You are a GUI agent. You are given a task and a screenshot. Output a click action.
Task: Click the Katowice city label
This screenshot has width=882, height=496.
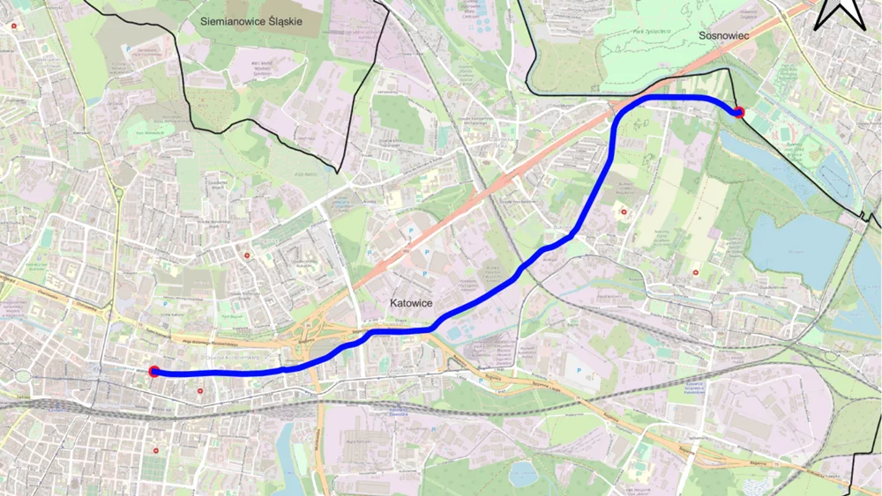[411, 303]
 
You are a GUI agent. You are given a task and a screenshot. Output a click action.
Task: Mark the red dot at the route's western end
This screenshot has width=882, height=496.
[154, 372]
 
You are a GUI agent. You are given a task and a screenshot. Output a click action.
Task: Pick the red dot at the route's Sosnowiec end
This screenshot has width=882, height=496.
[739, 112]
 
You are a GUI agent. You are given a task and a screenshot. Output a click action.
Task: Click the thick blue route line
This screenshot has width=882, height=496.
[494, 289]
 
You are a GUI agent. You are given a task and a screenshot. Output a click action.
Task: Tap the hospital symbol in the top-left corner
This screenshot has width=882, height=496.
[13, 26]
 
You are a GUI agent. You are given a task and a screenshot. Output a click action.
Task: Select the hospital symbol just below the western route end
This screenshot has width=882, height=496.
[201, 389]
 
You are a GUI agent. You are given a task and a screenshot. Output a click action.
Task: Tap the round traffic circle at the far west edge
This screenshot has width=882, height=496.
[21, 378]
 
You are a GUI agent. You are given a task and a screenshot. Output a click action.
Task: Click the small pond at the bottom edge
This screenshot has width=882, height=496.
[523, 475]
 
